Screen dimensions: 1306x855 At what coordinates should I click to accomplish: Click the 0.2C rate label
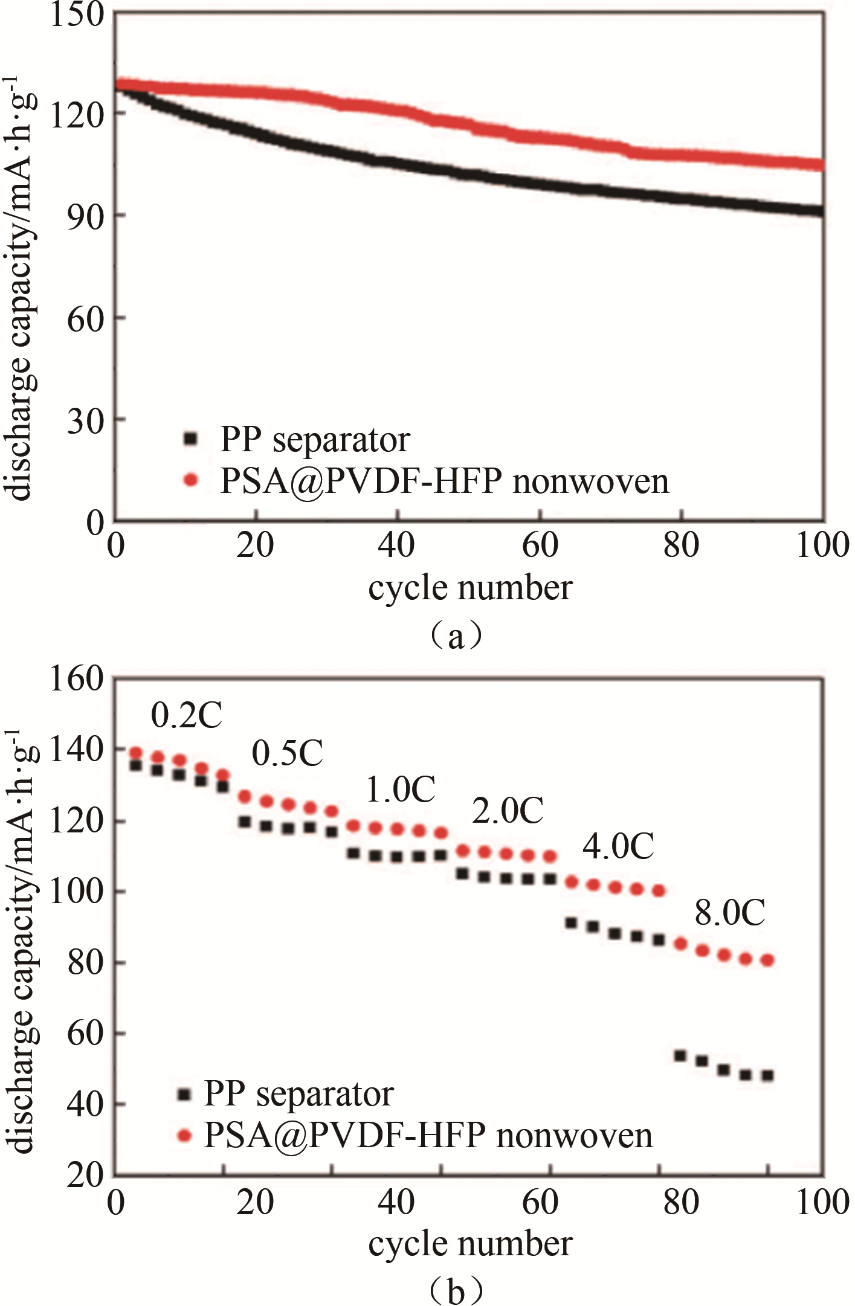tap(186, 715)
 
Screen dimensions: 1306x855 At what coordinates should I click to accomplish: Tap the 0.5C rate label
tap(287, 753)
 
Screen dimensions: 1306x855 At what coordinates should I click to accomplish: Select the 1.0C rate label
tap(400, 790)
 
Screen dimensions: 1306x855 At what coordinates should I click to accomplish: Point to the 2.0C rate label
tap(507, 810)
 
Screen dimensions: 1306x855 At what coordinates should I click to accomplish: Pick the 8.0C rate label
tap(729, 912)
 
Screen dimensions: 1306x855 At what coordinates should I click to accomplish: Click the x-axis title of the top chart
tap(470, 587)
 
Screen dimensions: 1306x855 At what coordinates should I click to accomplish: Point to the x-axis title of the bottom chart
tap(470, 1244)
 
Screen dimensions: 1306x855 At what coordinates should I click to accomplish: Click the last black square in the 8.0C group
tap(767, 1076)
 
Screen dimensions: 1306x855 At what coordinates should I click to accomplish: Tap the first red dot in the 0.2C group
tap(135, 753)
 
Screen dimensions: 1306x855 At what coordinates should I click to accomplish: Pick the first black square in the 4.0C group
tap(570, 923)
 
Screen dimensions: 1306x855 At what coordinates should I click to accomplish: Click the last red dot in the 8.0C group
tap(767, 960)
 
